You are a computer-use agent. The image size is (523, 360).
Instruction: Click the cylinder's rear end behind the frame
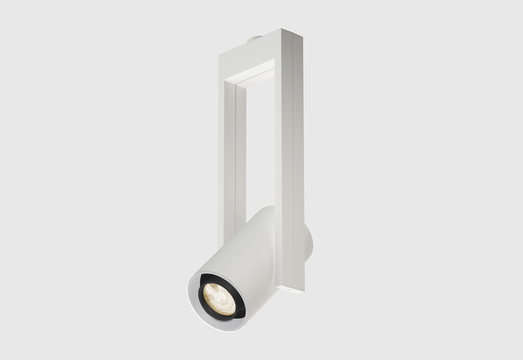(x=308, y=244)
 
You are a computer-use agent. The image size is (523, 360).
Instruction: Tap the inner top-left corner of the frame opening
(x=238, y=83)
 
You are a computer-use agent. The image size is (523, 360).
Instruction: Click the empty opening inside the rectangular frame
(x=257, y=142)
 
